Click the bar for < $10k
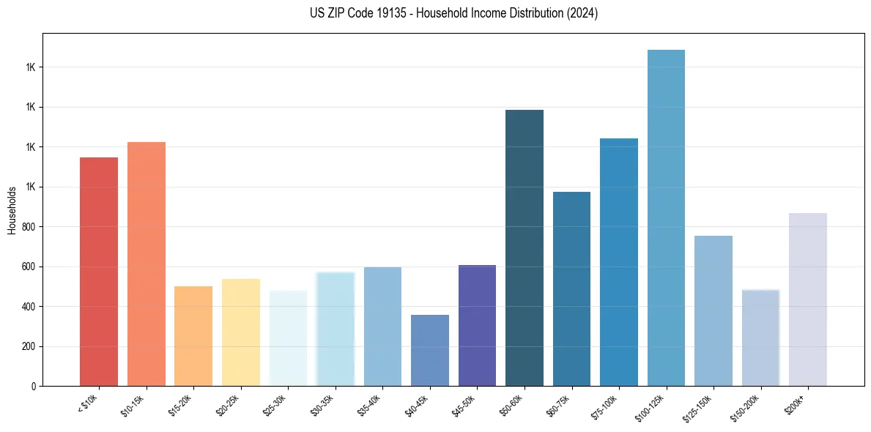point(98,272)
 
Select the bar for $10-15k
point(146,264)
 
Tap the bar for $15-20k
point(193,336)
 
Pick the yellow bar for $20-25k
point(240,332)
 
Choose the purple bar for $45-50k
point(477,325)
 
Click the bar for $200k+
point(808,299)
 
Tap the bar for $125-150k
point(714,310)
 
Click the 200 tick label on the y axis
point(29,346)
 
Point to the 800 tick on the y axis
point(29,227)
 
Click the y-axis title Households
point(12,210)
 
